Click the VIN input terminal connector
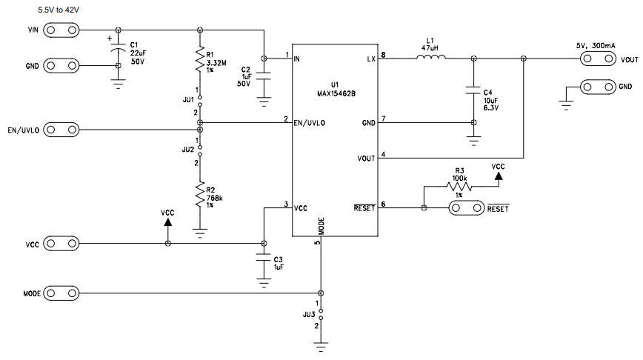point(61,30)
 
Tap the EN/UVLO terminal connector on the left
point(61,130)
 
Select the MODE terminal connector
point(61,293)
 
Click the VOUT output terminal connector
point(596,60)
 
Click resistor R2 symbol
point(200,195)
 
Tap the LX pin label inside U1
point(370,58)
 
